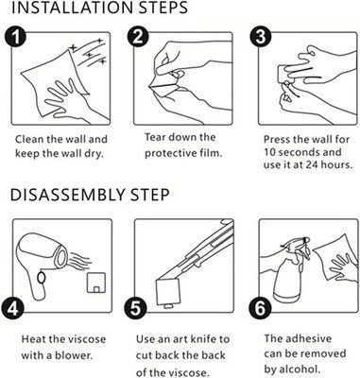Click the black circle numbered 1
(x=15, y=37)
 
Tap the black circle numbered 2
(x=138, y=37)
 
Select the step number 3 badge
(x=261, y=37)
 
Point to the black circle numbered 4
(x=12, y=309)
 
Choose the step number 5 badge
(x=135, y=309)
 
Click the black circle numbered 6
(x=260, y=309)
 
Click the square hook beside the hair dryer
(x=95, y=282)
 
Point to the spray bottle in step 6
(x=289, y=270)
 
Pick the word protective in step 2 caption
(x=170, y=153)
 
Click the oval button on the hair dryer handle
(x=41, y=278)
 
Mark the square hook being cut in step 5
(x=168, y=291)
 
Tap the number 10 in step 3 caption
(x=269, y=152)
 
